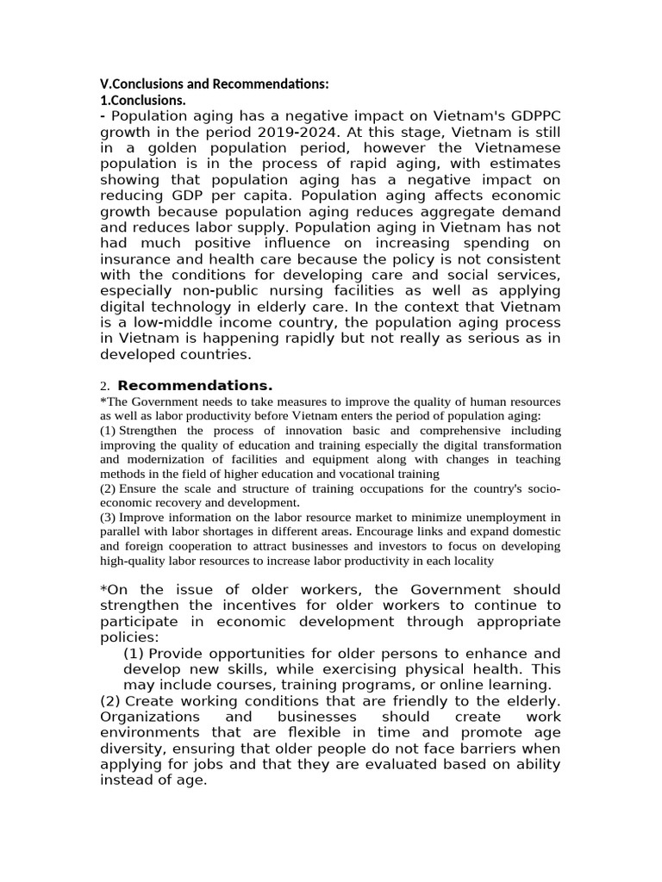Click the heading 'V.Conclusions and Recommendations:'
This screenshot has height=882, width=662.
215,84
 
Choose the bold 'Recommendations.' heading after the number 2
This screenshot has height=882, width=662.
195,385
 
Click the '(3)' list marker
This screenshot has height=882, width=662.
109,517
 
